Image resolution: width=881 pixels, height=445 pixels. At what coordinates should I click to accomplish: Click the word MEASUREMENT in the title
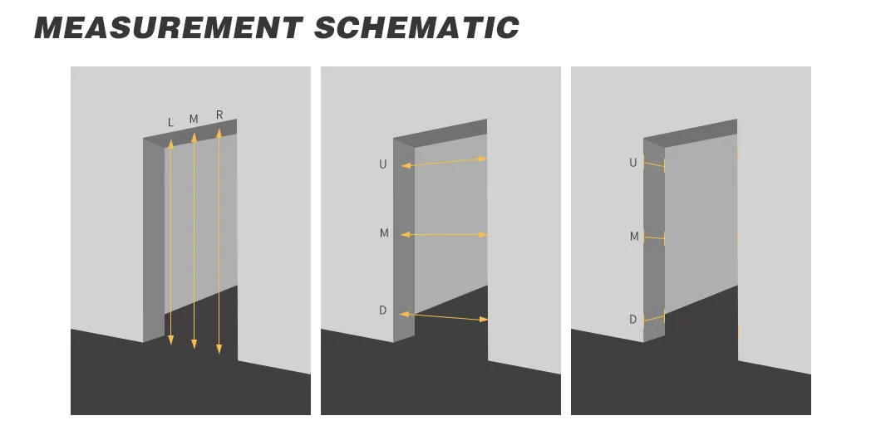point(169,27)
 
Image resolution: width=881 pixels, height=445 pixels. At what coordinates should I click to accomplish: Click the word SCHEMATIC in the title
point(416,27)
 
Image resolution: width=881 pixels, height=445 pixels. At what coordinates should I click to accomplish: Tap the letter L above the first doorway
point(171,122)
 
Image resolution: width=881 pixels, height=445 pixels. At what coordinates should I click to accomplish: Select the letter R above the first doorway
point(219,115)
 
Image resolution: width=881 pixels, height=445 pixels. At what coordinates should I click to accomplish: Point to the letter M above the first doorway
point(194,120)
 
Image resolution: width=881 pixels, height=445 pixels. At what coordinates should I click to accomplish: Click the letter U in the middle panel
point(382,164)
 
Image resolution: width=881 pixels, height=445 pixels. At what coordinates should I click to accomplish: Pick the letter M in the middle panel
point(384,233)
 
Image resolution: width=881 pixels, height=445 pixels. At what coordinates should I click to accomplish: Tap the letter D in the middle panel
point(382,311)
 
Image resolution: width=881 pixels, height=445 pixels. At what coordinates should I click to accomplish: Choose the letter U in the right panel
point(633,163)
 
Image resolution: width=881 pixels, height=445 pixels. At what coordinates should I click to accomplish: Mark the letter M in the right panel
point(634,237)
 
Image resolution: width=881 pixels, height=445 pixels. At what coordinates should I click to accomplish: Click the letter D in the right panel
point(632,320)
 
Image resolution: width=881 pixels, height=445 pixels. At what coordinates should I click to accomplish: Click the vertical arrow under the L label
point(171,242)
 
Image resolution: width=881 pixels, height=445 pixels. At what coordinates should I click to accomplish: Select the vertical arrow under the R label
point(219,241)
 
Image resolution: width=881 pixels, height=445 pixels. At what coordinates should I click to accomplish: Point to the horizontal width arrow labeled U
point(445,163)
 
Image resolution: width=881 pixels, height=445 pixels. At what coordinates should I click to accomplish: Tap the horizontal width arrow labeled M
point(444,235)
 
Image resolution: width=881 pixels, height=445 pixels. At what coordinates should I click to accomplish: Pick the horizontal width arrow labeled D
point(444,317)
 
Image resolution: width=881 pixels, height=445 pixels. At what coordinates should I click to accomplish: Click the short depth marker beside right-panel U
point(655,164)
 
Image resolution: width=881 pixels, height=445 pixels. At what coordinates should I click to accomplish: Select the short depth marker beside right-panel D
point(655,318)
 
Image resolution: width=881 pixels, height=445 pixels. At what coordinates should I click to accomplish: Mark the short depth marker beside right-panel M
point(655,238)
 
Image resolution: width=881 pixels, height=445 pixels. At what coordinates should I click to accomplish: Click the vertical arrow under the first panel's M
point(194,241)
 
